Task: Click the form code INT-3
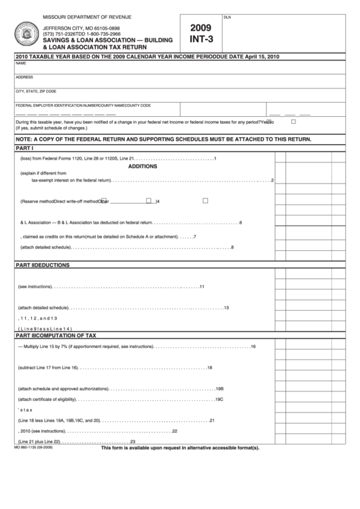coord(201,40)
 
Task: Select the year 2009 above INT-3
coord(201,28)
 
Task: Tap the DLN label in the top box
coord(227,16)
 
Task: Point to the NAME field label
coord(20,63)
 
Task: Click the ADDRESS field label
coord(24,77)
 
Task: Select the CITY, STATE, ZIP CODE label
coord(36,90)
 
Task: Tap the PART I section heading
coord(25,147)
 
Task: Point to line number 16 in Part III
coord(253,347)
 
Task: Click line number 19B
coord(219,389)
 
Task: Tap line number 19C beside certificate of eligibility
coord(219,399)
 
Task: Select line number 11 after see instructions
coord(202,286)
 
